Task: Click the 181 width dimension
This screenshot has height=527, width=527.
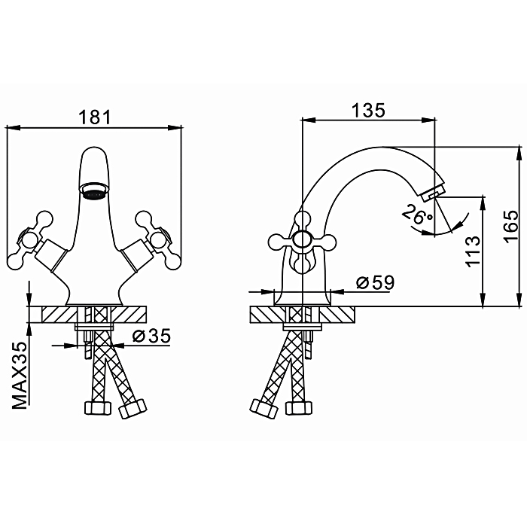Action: pos(94,117)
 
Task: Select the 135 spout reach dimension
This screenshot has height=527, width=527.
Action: pos(368,110)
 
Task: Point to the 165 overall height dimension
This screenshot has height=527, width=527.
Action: pos(511,226)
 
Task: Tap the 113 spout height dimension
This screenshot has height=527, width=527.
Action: pos(473,251)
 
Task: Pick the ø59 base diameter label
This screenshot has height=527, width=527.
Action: pos(375,283)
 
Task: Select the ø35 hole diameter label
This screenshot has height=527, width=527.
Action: pos(151,336)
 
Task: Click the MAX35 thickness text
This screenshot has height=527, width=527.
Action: pos(20,376)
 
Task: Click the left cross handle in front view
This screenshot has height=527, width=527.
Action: pos(29,239)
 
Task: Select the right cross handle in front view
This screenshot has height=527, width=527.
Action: pos(159,239)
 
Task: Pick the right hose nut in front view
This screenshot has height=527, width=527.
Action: pos(133,408)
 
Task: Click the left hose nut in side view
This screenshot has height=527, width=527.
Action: pos(263,409)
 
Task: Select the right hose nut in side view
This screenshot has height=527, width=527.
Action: pos(298,408)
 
